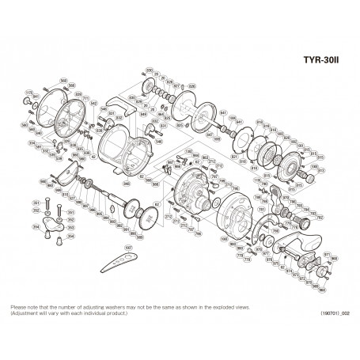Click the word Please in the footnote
(18, 307)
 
